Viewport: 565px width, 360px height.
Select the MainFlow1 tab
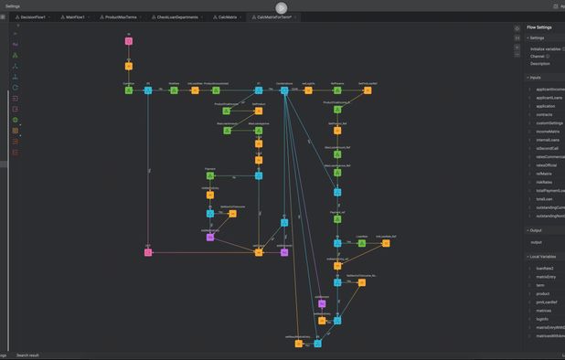[77, 17]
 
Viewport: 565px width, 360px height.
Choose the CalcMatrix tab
[227, 17]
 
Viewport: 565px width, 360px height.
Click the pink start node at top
[129, 41]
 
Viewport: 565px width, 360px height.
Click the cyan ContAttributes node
[284, 90]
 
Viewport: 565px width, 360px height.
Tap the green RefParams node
[336, 90]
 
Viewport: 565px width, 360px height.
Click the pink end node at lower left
[148, 252]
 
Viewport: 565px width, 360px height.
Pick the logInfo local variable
[544, 319]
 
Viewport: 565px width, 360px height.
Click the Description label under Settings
[540, 63]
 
